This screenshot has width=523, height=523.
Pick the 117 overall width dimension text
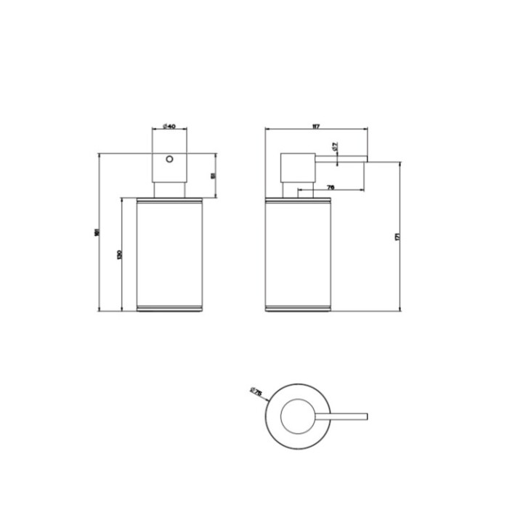[x=315, y=126]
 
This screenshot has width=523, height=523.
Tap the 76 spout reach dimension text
[x=331, y=187]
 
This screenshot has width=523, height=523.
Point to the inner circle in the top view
[x=298, y=415]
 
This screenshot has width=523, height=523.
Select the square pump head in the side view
[x=297, y=169]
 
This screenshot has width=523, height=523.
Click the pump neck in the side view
[x=304, y=190]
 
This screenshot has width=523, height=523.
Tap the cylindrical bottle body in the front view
[x=168, y=251]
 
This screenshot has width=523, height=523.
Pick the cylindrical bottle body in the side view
[x=299, y=251]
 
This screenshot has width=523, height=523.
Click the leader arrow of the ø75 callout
[x=266, y=398]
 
